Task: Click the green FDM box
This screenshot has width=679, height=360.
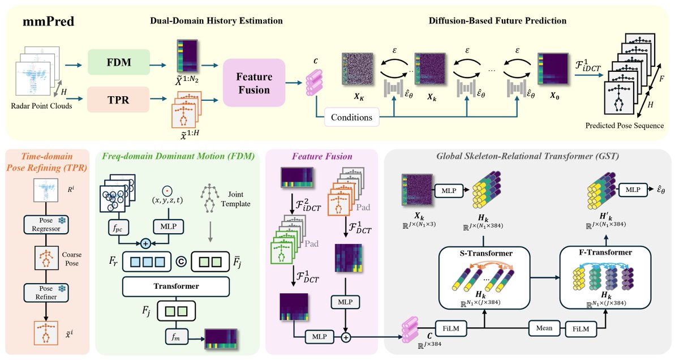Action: [x=119, y=62]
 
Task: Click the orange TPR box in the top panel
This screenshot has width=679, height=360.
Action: [x=118, y=100]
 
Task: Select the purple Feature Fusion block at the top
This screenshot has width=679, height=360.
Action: [x=254, y=83]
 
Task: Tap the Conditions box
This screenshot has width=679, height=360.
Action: [x=351, y=117]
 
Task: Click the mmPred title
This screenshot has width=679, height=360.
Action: [x=49, y=22]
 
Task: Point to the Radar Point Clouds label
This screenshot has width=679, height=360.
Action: [x=41, y=106]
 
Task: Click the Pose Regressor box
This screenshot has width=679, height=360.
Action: [x=46, y=224]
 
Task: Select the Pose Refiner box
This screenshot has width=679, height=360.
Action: [x=46, y=293]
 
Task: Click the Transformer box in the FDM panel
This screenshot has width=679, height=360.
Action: [x=176, y=286]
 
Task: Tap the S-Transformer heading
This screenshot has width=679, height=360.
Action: [x=486, y=253]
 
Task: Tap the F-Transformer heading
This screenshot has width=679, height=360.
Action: [x=605, y=252]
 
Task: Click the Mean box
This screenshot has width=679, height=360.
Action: [x=544, y=328]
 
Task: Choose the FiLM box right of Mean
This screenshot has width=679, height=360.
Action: [x=581, y=329]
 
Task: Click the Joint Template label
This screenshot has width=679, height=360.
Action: [x=235, y=199]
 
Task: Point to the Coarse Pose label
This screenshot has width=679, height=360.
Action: [x=72, y=259]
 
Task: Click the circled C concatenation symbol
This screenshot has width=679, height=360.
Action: [x=181, y=262]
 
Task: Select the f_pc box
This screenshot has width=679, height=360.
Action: [x=118, y=228]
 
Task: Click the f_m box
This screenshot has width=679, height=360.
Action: [x=176, y=337]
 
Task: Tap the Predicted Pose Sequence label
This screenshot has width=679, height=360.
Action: [x=625, y=126]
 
